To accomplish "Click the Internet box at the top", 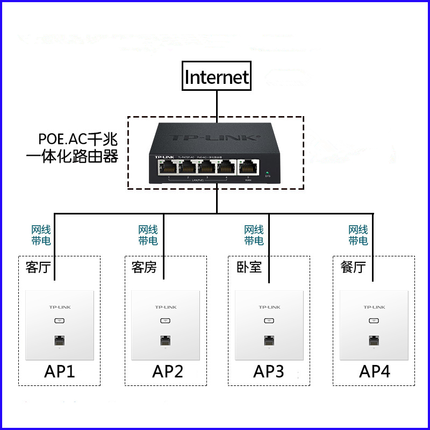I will (217, 77).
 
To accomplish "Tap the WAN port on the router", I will (247, 167).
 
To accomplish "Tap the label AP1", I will (59, 371).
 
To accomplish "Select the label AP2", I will (168, 371).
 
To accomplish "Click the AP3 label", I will (269, 371).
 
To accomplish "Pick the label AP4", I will (375, 371).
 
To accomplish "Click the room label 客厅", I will (38, 267).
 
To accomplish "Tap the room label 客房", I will (144, 267).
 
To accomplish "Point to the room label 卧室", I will (249, 267).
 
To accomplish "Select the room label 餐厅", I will (353, 267).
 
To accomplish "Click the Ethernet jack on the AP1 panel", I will (60, 340).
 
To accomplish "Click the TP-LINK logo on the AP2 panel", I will (166, 307).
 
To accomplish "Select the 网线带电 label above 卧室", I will (254, 235).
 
